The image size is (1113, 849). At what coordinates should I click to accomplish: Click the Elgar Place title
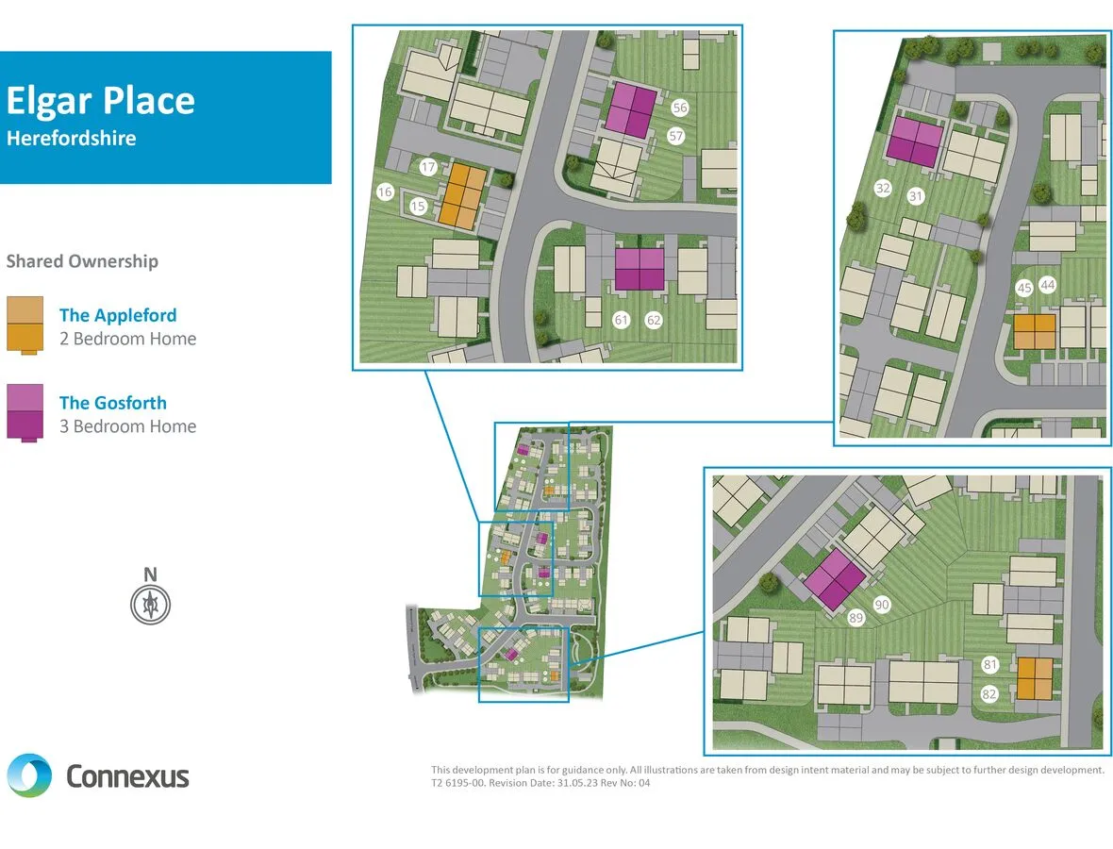coord(101,101)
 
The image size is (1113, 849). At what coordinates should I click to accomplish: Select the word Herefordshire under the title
coord(72,139)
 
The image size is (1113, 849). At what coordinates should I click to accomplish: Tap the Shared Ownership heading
coord(82,261)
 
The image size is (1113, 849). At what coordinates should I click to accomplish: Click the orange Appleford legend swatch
coord(25,325)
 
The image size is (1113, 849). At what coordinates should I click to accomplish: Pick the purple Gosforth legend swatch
coord(25,412)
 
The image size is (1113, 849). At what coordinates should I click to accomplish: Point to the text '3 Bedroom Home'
coord(127,426)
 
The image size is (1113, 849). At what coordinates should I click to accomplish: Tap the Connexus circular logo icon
coord(29,775)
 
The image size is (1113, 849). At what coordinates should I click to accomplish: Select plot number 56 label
coord(679,108)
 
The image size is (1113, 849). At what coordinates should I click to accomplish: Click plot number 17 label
coord(428,168)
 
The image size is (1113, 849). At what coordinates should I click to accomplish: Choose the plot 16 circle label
coord(384,192)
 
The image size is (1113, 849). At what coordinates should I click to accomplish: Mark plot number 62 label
coord(654,320)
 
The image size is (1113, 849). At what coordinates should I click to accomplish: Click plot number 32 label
coord(883,189)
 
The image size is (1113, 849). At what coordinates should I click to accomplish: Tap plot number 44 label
coord(1047,284)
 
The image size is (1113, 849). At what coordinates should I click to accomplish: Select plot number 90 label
coord(882,605)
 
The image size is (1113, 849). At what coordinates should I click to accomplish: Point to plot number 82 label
coord(989,694)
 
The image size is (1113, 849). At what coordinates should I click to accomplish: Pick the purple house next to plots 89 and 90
coord(834,578)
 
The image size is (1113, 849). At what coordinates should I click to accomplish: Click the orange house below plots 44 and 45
coord(1033,331)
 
